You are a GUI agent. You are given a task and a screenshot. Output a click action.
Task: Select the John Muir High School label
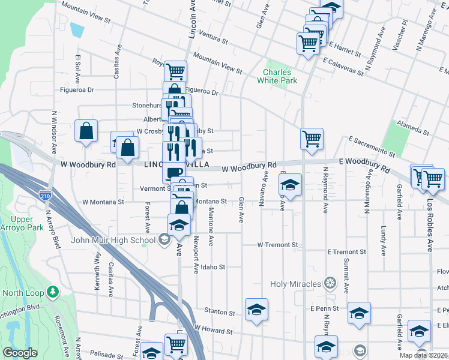[x=113, y=241]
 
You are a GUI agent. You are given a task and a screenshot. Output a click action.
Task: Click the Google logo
[x=20, y=353]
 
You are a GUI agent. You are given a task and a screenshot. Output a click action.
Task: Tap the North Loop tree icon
[x=53, y=292]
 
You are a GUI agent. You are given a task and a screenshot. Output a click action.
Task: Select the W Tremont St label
[x=277, y=245]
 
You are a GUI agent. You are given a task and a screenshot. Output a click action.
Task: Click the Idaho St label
[x=212, y=267]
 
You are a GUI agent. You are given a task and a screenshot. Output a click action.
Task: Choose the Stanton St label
[x=219, y=312]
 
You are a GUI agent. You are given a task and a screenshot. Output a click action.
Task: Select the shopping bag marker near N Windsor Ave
[x=86, y=131]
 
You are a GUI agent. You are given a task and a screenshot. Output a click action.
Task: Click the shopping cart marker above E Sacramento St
[x=312, y=139]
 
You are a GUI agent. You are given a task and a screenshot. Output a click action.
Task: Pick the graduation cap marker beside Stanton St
[x=256, y=310]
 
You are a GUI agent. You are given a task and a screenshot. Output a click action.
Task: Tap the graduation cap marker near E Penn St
[x=359, y=313]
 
